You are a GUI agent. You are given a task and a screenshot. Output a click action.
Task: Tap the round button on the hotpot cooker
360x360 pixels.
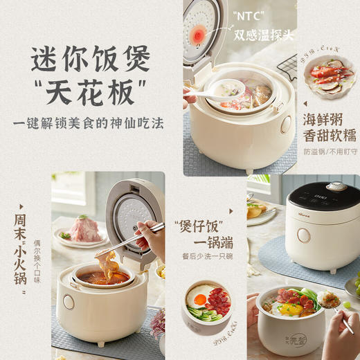click(69, 302)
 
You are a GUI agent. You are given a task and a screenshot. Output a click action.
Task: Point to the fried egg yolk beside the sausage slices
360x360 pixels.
click(199, 299)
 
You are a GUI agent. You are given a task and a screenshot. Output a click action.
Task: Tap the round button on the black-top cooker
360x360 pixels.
click(303, 235)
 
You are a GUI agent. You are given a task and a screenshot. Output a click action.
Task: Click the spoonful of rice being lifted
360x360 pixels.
click(330, 300)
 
